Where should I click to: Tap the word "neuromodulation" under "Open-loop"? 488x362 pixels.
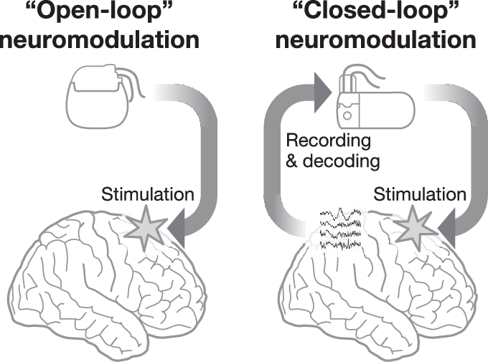[x=99, y=40]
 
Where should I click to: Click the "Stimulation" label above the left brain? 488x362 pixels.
[x=147, y=194]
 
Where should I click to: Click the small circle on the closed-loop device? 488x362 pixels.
[x=347, y=114]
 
